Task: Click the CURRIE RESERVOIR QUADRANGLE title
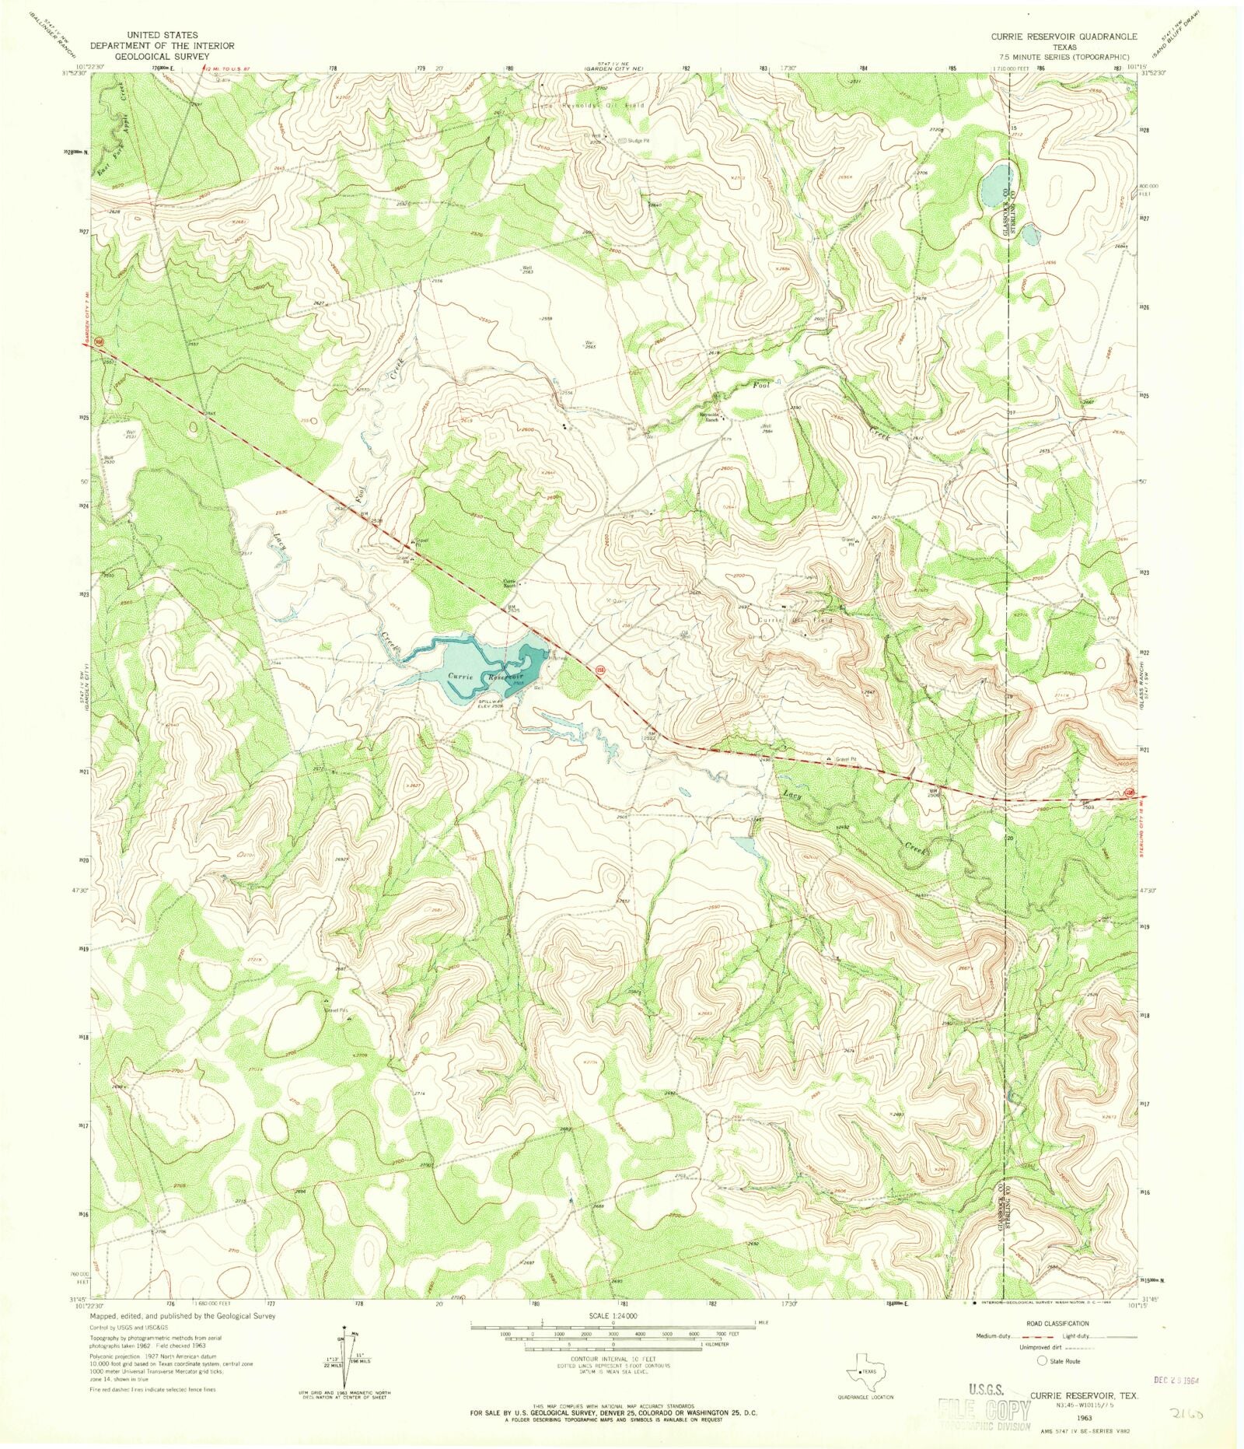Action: (x=1063, y=37)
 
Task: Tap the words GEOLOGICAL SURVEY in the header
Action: (x=162, y=57)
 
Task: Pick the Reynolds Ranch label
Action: (x=708, y=415)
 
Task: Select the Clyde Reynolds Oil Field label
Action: (x=589, y=105)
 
